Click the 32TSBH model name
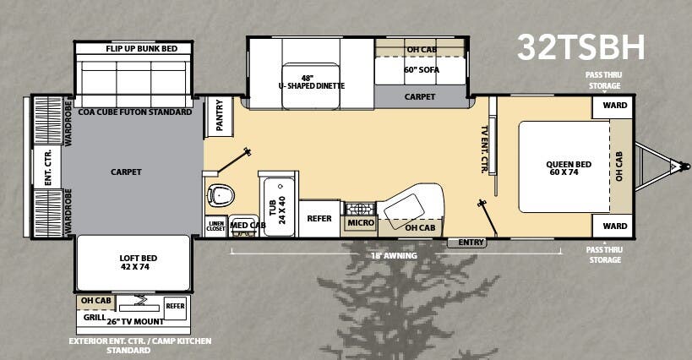pyautogui.click(x=580, y=47)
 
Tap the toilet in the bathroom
pyautogui.click(x=221, y=195)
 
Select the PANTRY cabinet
pyautogui.click(x=219, y=116)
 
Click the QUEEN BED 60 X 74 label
pyautogui.click(x=569, y=168)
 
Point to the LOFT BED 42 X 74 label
pyautogui.click(x=138, y=263)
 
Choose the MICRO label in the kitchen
pyautogui.click(x=361, y=223)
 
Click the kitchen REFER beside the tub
pyautogui.click(x=319, y=218)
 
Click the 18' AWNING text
pyautogui.click(x=394, y=255)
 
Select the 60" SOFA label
pyautogui.click(x=422, y=69)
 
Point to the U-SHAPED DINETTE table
pyautogui.click(x=311, y=86)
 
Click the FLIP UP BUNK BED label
pyautogui.click(x=141, y=48)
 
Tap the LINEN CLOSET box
pyautogui.click(x=215, y=226)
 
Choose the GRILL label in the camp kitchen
pyautogui.click(x=95, y=317)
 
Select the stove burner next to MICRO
pyautogui.click(x=360, y=209)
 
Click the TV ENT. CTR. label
pyautogui.click(x=485, y=149)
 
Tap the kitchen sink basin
pyautogui.click(x=404, y=206)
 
